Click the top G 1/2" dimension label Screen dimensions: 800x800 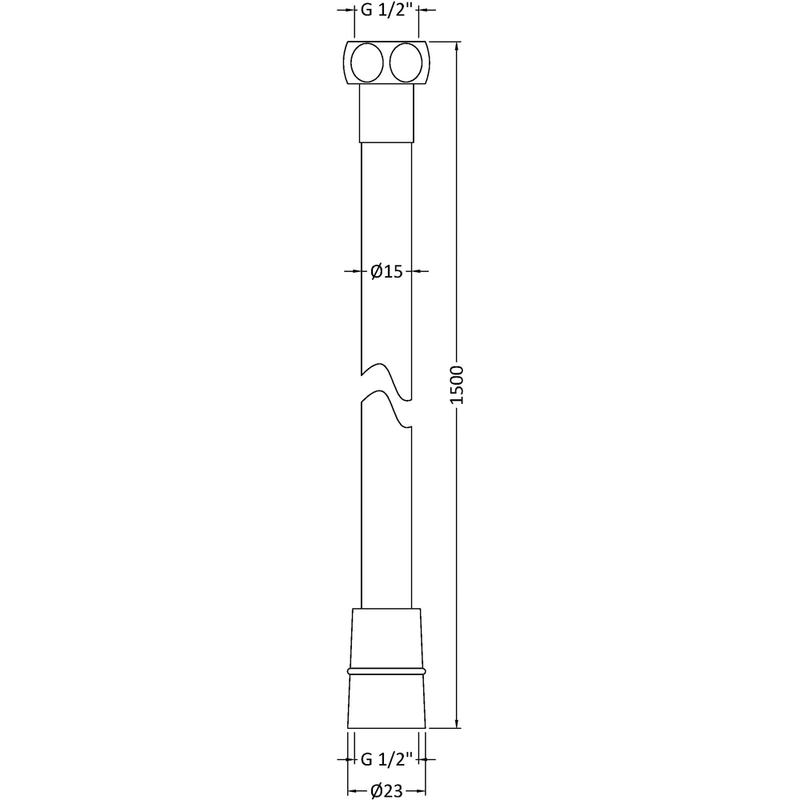point(386,10)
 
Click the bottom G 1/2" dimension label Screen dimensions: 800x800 point(386,759)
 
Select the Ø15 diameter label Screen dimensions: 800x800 point(386,271)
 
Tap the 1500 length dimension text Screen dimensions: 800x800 point(457,385)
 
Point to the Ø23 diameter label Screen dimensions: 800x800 point(386,791)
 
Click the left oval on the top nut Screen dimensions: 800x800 point(367,62)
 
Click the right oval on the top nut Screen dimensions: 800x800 point(406,62)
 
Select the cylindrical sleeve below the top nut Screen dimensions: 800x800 point(386,113)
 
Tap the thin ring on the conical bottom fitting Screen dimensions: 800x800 point(386,671)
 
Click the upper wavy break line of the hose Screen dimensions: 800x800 point(386,382)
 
